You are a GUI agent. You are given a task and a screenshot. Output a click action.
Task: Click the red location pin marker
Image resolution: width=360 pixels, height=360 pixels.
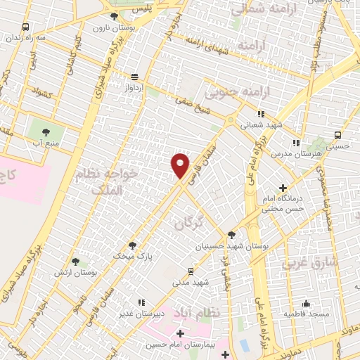pyautogui.click(x=181, y=165)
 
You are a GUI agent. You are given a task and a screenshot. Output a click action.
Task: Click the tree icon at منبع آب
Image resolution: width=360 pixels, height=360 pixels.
pyautogui.click(x=46, y=131)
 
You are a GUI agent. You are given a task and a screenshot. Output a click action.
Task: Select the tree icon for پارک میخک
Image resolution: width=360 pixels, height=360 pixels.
pyautogui.click(x=132, y=245)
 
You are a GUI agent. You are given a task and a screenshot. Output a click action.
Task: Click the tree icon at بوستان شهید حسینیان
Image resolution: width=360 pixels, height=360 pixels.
pyautogui.click(x=232, y=235)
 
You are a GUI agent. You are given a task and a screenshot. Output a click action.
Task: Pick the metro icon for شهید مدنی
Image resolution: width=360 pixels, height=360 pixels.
pyautogui.click(x=191, y=271)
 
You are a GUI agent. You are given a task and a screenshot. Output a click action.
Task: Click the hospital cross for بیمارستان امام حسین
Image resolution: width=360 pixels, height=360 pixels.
pyautogui.click(x=181, y=333)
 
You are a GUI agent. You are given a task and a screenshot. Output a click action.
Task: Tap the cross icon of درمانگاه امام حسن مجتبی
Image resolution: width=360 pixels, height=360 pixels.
pyautogui.click(x=283, y=188)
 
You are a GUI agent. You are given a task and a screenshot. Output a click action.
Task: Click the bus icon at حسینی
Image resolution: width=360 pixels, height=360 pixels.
pyautogui.click(x=338, y=134)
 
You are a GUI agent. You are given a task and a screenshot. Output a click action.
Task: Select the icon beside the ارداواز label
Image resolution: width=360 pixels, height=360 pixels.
pyautogui.click(x=134, y=77)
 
